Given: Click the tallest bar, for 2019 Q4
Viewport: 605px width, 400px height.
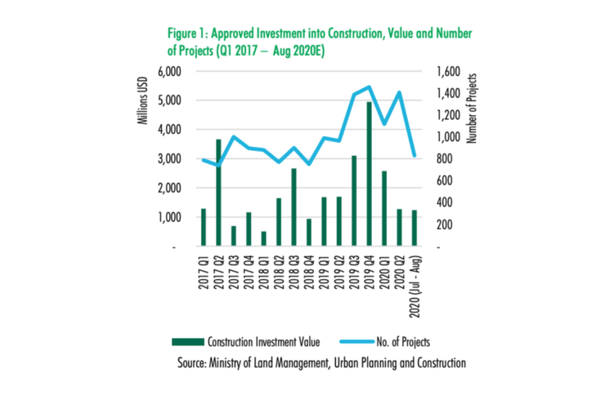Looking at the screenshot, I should tap(369, 173).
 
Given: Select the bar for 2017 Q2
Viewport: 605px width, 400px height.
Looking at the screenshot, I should tap(218, 192).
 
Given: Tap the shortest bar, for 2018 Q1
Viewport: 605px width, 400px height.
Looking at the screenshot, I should tap(264, 238).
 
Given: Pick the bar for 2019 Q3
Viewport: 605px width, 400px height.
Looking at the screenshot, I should tap(354, 200).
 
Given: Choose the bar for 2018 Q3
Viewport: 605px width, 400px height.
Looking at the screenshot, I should tap(294, 207).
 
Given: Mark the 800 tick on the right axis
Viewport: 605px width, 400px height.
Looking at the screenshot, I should tap(446, 159).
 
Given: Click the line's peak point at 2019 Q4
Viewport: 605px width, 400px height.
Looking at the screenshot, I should tap(369, 87).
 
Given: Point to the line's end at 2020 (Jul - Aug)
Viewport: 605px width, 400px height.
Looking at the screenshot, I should tap(415, 155).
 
